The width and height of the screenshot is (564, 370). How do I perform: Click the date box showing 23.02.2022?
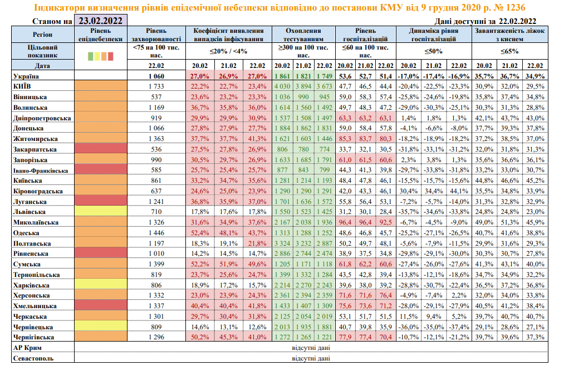click(101, 21)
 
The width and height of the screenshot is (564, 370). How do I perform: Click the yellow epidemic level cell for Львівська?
click(100, 212)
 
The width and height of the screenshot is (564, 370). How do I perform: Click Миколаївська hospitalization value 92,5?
click(385, 222)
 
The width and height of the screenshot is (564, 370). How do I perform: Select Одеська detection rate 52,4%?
click(201, 232)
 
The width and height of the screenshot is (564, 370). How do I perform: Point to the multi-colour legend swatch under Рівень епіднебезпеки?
click(100, 56)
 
